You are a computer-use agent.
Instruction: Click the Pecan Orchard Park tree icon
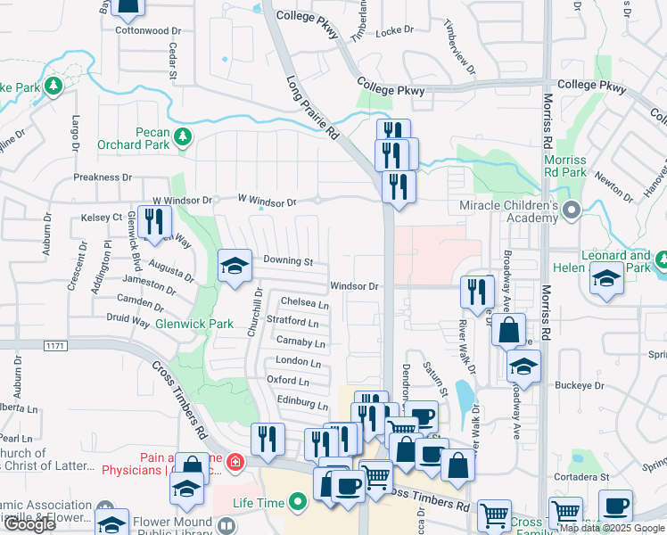183,137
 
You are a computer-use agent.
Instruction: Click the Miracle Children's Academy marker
571,210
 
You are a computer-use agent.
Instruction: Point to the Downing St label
288,262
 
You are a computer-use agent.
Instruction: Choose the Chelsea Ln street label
305,303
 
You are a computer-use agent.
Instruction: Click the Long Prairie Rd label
313,106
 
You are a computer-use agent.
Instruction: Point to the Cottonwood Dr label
148,30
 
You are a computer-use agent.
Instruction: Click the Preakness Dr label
103,177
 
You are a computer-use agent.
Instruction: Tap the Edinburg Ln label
298,400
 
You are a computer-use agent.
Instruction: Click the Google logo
30,524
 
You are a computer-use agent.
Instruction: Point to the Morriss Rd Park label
564,166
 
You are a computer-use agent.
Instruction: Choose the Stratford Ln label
292,321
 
